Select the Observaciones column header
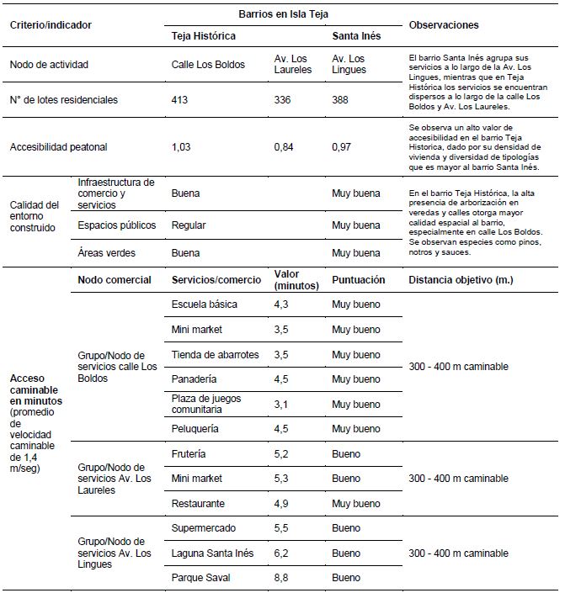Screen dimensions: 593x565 tap(443, 25)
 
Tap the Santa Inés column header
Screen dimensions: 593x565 tap(356, 37)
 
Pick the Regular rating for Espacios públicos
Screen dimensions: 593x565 tap(189, 225)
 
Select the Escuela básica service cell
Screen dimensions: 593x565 tap(204, 304)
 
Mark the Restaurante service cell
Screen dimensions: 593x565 tap(198, 503)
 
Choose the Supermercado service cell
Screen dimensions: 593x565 tap(203, 528)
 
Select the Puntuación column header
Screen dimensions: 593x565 tap(359, 279)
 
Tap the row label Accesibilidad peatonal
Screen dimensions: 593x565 tap(59, 146)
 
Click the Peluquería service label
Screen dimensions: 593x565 tap(195, 428)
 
